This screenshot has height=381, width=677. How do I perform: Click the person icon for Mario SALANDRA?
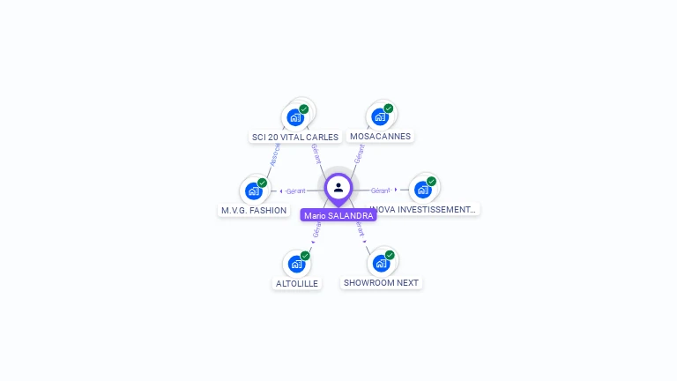(x=338, y=187)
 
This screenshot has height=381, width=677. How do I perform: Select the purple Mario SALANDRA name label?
(x=338, y=215)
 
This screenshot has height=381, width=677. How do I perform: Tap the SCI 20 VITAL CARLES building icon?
(x=295, y=116)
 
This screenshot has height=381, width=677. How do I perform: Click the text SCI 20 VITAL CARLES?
(x=295, y=137)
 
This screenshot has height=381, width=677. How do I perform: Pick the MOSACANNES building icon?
(x=380, y=116)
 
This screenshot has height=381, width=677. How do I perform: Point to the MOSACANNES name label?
(x=380, y=137)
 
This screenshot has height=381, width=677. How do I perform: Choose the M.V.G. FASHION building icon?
(x=254, y=190)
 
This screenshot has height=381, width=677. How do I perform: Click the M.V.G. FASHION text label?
(x=254, y=211)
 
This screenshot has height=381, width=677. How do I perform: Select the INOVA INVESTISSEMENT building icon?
(x=423, y=190)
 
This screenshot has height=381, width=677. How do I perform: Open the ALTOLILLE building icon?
(x=296, y=264)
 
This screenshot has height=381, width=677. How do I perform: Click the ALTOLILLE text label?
(x=297, y=283)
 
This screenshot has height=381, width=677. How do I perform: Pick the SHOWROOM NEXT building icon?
(x=381, y=263)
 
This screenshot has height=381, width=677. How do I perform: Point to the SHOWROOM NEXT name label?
(x=381, y=283)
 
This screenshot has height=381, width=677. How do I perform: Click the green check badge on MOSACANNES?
(x=389, y=108)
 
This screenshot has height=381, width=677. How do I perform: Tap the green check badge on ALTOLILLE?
(x=305, y=256)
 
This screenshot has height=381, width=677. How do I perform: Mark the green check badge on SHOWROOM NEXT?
(x=390, y=255)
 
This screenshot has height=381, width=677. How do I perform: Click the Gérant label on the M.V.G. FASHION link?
(x=295, y=190)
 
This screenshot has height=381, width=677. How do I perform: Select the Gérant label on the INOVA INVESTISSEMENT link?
(x=380, y=190)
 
